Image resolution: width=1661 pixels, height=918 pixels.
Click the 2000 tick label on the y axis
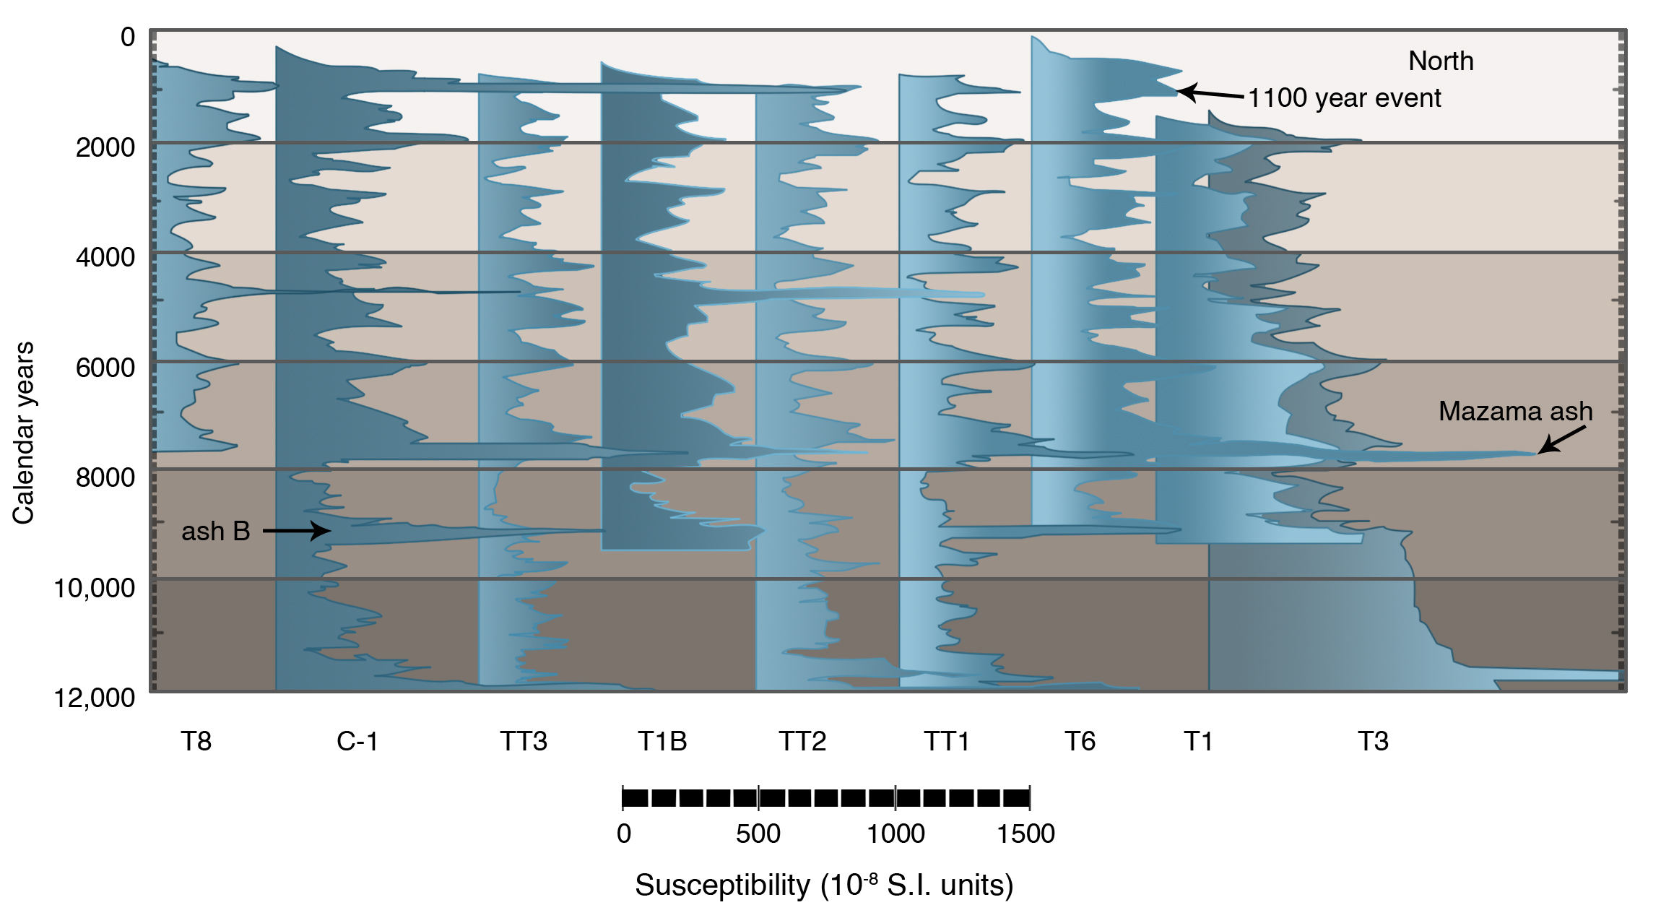[105, 147]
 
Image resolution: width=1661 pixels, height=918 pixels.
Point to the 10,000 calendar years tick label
[95, 588]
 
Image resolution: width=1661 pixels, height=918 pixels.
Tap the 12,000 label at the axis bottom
[95, 698]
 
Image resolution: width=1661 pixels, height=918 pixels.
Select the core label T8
[196, 741]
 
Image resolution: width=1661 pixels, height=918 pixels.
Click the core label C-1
[357, 741]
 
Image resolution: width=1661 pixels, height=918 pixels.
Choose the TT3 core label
[524, 741]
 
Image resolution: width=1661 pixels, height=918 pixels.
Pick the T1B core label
[662, 741]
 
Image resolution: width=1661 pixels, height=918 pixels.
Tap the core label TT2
[802, 741]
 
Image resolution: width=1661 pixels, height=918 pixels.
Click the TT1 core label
[947, 741]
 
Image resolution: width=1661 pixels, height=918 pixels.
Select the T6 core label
[1080, 741]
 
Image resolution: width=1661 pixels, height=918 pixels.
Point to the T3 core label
[1373, 741]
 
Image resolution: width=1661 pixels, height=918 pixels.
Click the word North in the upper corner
[1441, 61]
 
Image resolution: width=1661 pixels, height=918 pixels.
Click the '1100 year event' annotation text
[1345, 98]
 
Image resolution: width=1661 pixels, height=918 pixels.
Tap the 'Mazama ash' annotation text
[1515, 411]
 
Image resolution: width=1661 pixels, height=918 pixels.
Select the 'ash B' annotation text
[215, 532]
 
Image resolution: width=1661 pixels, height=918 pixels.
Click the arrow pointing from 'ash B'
[297, 531]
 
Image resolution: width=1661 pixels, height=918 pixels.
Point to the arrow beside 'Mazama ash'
[1561, 439]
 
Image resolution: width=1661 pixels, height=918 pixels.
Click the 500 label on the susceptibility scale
[758, 833]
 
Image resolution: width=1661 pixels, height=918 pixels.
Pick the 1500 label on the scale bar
[1025, 833]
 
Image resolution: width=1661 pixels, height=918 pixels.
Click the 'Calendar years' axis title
[23, 432]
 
